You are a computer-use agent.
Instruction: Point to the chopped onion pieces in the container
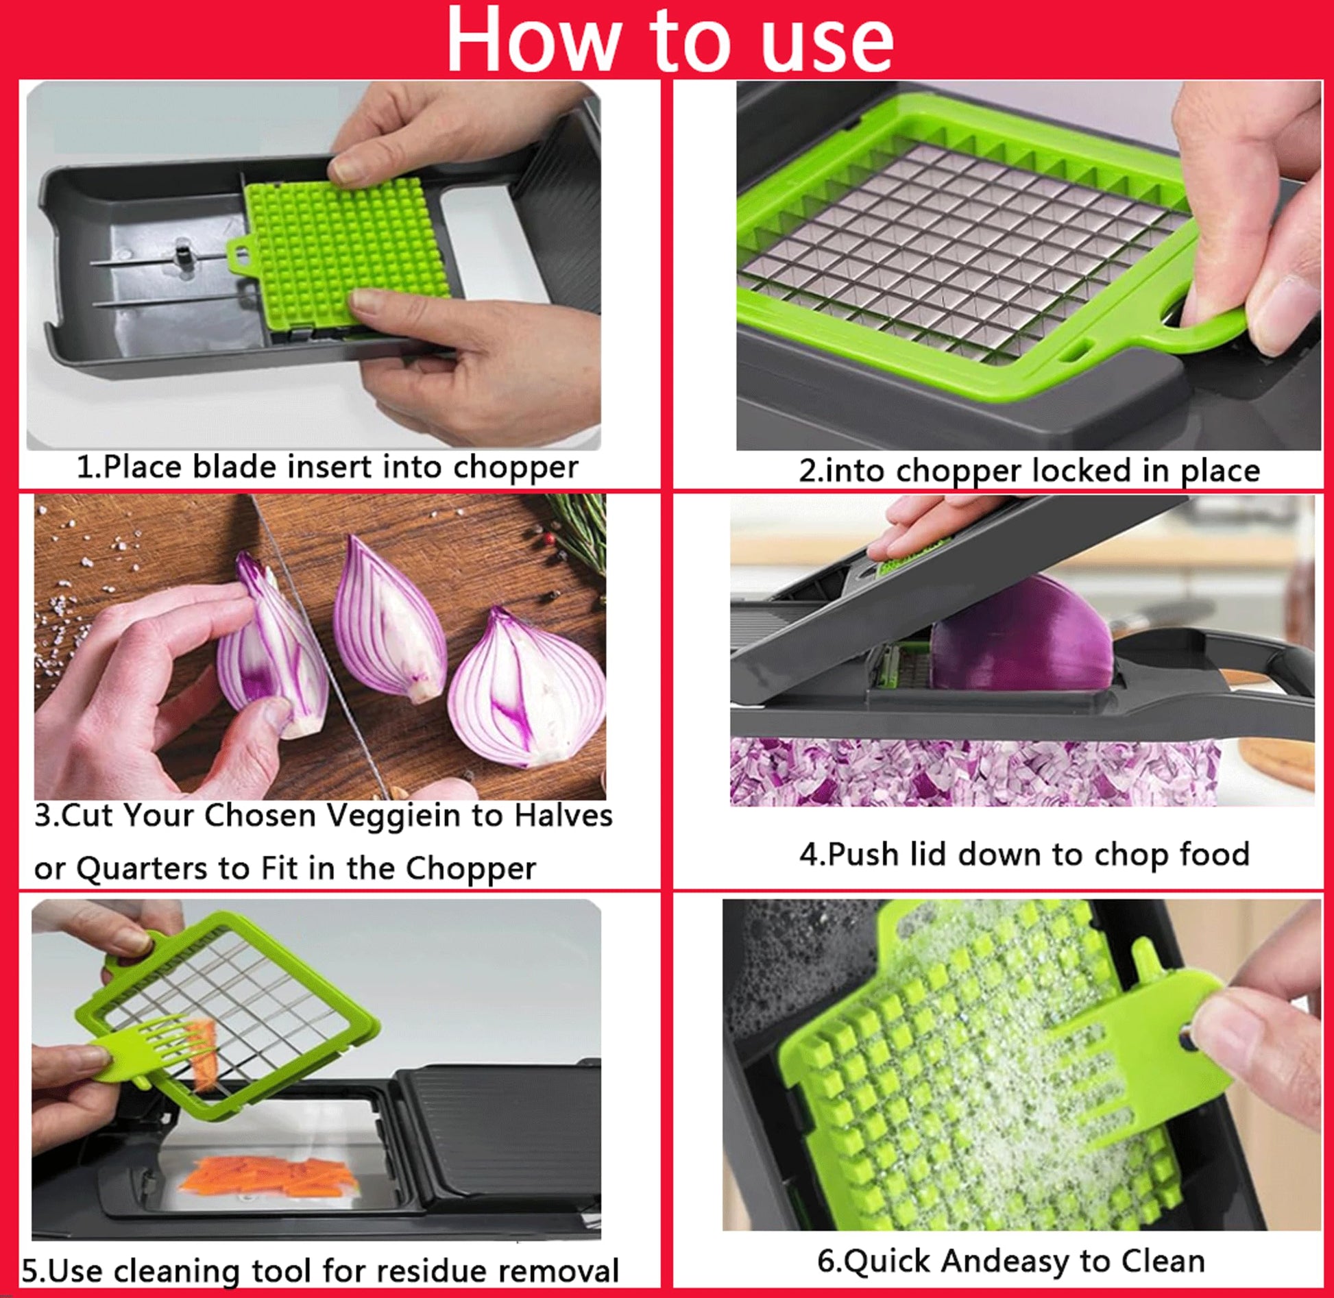click(973, 770)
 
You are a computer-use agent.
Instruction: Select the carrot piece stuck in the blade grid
click(203, 1056)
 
